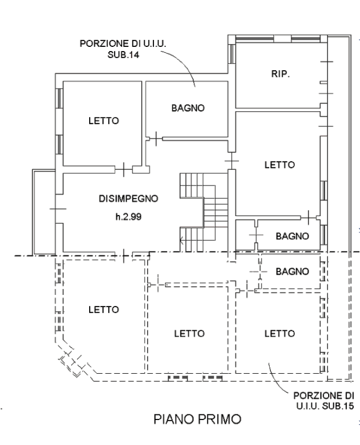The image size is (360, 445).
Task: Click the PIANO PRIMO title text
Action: [x=197, y=419]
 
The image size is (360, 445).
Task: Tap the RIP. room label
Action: [x=280, y=74]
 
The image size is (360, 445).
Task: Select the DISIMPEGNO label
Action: [x=128, y=199]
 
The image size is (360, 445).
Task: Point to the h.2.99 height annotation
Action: [x=128, y=217]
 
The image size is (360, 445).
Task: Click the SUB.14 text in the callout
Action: [x=123, y=54]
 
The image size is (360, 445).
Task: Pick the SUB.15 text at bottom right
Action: [x=338, y=406]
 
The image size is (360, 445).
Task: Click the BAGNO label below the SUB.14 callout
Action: [x=188, y=108]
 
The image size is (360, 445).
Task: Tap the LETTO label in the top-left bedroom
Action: [x=104, y=121]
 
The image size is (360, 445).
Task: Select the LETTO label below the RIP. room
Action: [x=280, y=165]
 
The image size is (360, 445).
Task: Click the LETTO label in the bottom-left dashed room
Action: [x=104, y=309]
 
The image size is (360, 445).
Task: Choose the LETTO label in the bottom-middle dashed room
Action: [x=189, y=334]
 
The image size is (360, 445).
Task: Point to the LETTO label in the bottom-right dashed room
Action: [x=280, y=334]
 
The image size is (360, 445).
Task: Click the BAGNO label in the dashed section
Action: [x=292, y=272]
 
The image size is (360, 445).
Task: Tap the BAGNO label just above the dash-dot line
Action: [x=292, y=236]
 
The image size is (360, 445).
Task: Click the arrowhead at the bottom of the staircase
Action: [x=181, y=242]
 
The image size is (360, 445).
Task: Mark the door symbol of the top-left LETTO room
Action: [x=124, y=169]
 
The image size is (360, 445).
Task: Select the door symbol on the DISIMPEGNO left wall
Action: [x=58, y=209]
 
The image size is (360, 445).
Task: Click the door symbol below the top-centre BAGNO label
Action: [x=156, y=139]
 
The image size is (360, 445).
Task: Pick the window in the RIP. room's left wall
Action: [x=232, y=54]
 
